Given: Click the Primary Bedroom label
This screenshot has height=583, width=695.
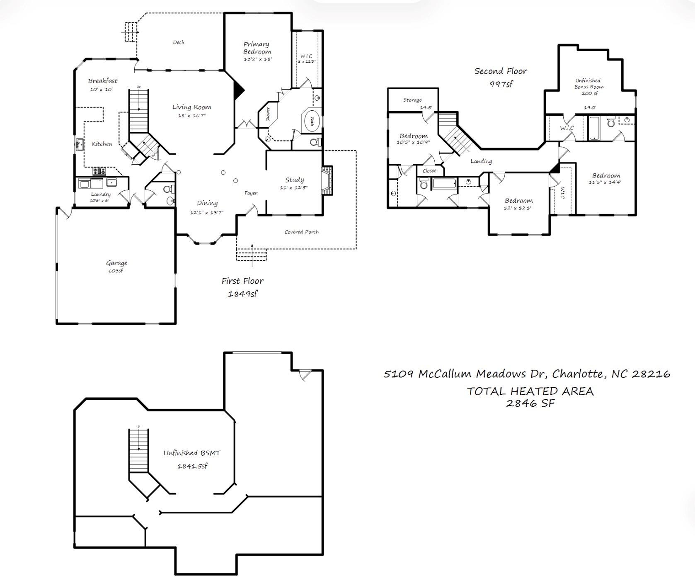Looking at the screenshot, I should tap(257, 48).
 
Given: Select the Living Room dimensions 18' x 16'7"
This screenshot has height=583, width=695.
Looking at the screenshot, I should tap(191, 116).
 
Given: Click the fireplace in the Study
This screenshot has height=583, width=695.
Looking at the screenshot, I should tap(327, 180).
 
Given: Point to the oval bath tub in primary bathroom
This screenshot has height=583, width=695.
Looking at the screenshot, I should tap(312, 121).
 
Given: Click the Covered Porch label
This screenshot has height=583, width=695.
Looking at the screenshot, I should tap(301, 232).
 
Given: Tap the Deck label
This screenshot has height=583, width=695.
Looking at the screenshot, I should tap(179, 42).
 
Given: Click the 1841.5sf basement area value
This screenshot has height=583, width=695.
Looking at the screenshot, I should tap(192, 466).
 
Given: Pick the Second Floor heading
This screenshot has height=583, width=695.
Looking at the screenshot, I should tap(501, 71).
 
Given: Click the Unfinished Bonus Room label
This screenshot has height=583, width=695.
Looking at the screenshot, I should tap(588, 84).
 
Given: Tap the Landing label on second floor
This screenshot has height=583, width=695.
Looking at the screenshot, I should tap(481, 161).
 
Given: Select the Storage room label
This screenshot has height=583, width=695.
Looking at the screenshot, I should tap(412, 100).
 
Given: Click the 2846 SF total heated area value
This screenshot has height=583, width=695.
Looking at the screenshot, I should tap(530, 403).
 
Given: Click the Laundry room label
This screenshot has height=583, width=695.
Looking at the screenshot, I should tap(101, 194).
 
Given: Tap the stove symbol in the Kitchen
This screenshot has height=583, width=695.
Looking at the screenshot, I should tap(99, 171).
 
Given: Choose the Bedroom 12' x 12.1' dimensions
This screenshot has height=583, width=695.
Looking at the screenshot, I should tap(517, 208).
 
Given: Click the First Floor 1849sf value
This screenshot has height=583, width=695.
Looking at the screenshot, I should tap(242, 294).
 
